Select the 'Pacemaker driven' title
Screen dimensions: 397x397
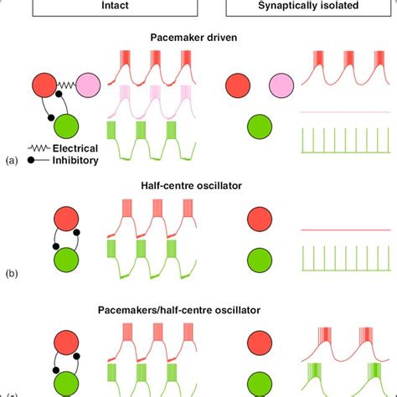tap(199, 38)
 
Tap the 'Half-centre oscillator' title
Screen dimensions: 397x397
tap(199, 187)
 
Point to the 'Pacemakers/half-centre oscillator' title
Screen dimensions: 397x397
tap(199, 309)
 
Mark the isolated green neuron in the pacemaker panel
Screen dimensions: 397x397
tap(260, 128)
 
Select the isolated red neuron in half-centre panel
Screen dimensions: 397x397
tap(260, 220)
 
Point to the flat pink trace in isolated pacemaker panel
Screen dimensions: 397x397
tap(343, 111)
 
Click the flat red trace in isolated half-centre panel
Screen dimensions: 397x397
tap(343, 228)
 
